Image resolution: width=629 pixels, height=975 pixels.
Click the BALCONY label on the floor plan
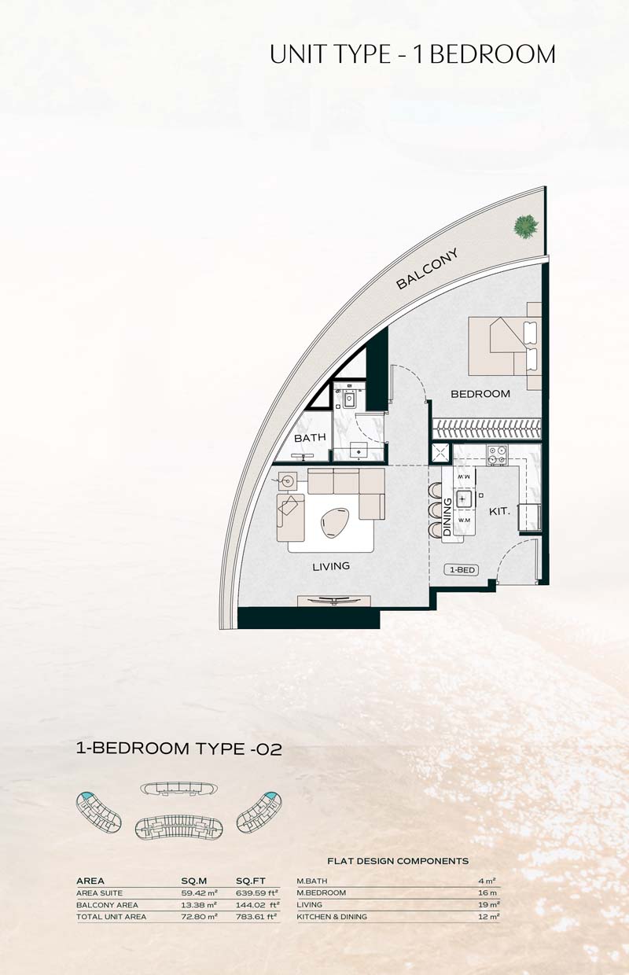coord(427,269)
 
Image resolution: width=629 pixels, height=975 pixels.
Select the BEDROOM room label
coord(480,394)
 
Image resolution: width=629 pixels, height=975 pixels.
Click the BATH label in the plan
coord(310,437)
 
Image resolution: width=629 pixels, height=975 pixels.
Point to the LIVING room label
coord(331,566)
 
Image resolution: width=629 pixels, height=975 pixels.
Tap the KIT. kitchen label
coord(499,511)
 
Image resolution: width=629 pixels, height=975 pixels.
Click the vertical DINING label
coord(447,517)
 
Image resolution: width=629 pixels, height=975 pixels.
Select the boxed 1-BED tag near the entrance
coord(462,570)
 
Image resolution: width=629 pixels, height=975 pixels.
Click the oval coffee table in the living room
coord(335,522)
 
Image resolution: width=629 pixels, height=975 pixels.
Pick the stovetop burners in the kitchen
coord(497,455)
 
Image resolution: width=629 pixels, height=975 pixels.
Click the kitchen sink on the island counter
coord(464,499)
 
